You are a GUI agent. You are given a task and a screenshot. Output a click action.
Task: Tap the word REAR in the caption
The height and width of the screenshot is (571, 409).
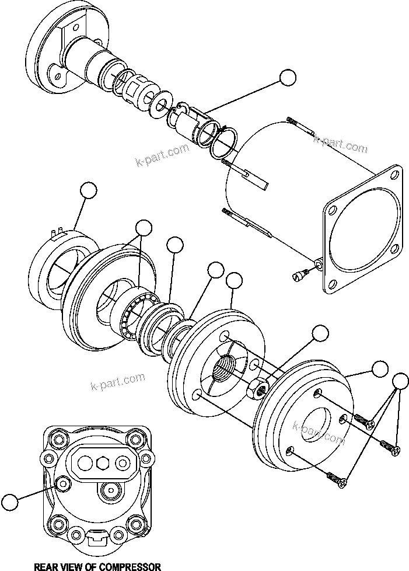coord(46,566)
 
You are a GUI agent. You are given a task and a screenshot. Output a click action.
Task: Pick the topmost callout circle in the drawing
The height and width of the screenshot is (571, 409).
coord(288,78)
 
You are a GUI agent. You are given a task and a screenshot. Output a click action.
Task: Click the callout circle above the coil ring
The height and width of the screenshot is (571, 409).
coord(88,190)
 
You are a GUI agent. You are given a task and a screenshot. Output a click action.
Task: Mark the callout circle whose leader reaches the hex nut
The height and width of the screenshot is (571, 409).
coord(320,333)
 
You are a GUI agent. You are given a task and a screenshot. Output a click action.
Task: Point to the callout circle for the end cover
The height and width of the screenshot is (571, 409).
coord(380,369)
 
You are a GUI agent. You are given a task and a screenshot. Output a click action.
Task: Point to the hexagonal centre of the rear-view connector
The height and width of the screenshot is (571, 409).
coord(103,463)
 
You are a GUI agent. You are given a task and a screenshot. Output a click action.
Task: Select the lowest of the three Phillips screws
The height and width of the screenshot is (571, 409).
coord(338,478)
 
